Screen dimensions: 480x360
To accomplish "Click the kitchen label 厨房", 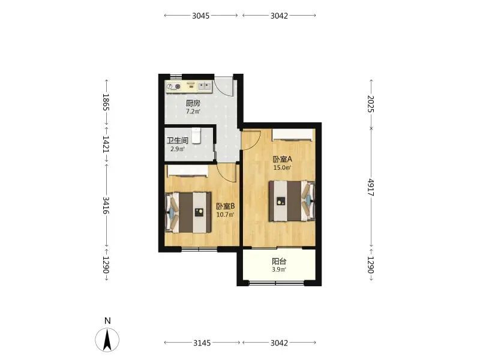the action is tap(193, 103).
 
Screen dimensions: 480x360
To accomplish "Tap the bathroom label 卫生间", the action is tap(177, 141).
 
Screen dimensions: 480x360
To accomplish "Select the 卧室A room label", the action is tap(282, 159).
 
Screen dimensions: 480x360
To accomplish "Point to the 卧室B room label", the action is tap(226, 206).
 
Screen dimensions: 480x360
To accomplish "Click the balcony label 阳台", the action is tap(279, 262).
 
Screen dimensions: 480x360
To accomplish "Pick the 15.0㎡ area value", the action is tap(282, 167).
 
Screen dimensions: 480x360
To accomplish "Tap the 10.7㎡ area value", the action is tap(226, 215).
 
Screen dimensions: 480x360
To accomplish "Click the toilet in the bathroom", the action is tap(196, 136).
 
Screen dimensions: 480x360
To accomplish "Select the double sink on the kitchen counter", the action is tap(204, 86).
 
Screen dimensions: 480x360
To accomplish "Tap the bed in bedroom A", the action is tap(292, 201).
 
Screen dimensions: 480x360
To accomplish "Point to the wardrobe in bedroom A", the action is tap(293, 135).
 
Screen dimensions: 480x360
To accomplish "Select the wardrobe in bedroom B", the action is tap(187, 171).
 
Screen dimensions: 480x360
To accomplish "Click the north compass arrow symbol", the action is tap(107, 340).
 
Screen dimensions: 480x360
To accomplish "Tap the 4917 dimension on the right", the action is tap(371, 187).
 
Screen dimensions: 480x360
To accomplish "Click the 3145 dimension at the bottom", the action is tap(202, 343).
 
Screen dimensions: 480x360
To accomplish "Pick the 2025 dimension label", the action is tap(371, 104).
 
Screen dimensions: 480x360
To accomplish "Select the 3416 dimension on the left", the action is tap(106, 205).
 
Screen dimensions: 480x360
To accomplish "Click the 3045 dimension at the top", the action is tap(201, 16).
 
